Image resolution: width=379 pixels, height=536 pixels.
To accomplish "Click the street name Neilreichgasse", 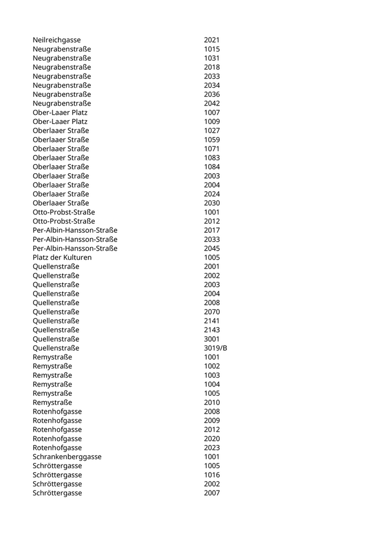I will click(56, 40).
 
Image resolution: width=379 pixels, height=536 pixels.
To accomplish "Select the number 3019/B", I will click(215, 348).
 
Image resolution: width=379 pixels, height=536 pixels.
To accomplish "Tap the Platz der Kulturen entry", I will click(62, 258).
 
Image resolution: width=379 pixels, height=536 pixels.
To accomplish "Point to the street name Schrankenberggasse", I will click(67, 457).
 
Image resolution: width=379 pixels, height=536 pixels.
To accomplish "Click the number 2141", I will click(212, 321).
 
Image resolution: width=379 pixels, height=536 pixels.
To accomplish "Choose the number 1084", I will click(212, 167).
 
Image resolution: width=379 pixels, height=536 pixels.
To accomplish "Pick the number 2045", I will click(212, 249).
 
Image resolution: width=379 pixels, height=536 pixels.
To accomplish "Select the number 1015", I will click(212, 49).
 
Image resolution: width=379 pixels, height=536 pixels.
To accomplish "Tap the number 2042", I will click(212, 103).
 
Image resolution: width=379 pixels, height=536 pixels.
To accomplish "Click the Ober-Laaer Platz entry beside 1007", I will click(60, 113).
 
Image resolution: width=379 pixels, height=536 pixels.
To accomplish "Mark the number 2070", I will click(212, 312).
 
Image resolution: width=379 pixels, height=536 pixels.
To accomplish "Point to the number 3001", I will click(212, 339).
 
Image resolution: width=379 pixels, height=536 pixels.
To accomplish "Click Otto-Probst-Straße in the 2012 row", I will click(63, 221).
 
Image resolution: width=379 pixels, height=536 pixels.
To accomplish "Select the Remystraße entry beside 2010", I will click(52, 403).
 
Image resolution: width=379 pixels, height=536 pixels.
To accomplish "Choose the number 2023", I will click(212, 448).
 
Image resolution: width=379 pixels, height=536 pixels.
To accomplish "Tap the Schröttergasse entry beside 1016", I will click(57, 475).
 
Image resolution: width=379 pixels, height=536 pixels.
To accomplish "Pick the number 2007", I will click(212, 493).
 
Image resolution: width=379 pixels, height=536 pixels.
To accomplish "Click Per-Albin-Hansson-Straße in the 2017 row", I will click(75, 231).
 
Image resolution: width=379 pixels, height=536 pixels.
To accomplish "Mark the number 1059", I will click(212, 140).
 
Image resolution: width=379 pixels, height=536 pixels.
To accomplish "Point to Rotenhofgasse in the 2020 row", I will click(57, 439).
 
